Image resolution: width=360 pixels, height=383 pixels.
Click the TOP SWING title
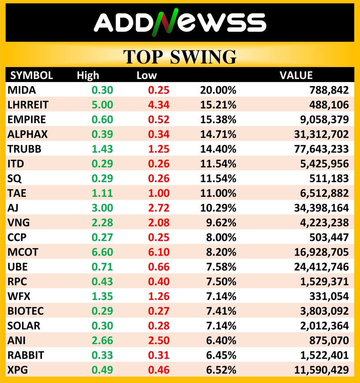click(180, 57)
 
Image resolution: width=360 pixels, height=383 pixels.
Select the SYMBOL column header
click(31, 75)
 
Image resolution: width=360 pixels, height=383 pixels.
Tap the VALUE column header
click(296, 75)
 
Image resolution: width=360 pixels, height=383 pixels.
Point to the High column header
click(88, 75)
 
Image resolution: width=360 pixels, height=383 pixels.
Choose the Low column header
click(147, 75)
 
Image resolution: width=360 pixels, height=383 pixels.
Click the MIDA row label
click(22, 90)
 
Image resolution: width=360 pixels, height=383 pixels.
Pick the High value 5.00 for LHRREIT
click(102, 105)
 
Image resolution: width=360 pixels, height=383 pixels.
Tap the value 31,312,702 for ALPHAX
click(321, 134)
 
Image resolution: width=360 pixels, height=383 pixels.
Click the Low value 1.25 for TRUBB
click(159, 149)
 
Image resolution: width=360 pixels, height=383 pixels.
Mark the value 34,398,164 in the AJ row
click(321, 208)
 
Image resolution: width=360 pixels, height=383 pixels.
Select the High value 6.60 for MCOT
click(102, 252)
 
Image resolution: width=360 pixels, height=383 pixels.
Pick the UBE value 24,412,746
click(321, 267)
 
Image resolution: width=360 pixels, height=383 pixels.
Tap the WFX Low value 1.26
click(159, 297)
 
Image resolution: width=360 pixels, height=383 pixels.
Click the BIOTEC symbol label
click(26, 311)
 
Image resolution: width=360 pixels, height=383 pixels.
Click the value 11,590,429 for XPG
click(321, 370)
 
